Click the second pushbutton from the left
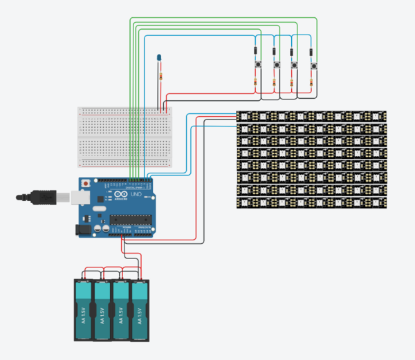[277, 65]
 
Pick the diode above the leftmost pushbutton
[257, 50]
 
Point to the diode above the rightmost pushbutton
[313, 50]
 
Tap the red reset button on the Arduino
[85, 184]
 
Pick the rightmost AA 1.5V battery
[140, 309]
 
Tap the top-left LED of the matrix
[244, 116]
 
